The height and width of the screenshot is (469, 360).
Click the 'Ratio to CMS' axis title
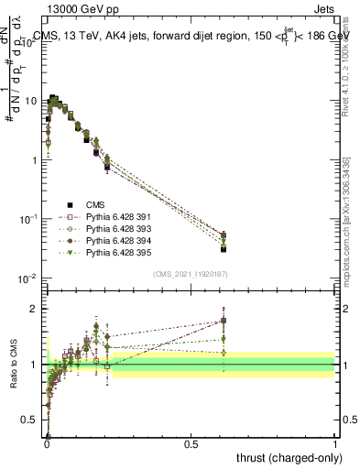16,365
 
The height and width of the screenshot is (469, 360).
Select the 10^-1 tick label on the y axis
29,219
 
